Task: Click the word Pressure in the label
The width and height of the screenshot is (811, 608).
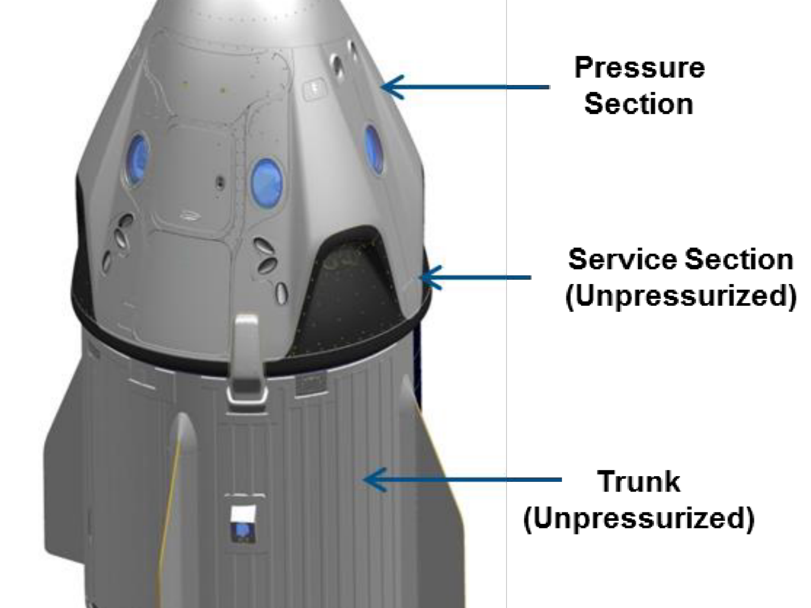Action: point(639,68)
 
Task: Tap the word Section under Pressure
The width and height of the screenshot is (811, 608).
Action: point(639,104)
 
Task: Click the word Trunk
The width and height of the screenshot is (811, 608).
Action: point(638,481)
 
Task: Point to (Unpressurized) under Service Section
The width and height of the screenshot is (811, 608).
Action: point(681,295)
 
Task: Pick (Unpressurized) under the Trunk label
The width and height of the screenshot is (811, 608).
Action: point(639,518)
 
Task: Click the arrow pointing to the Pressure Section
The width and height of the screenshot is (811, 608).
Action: point(465,87)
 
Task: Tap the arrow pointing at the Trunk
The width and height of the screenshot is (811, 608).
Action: point(462,479)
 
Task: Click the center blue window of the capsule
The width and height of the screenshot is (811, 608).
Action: point(266,182)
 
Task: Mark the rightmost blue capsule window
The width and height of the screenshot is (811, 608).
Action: point(373,149)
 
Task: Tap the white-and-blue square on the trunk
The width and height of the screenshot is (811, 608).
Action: point(243,523)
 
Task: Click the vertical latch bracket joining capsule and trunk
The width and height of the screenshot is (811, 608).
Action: point(247,358)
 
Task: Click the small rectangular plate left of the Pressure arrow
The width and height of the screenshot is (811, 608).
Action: point(315,88)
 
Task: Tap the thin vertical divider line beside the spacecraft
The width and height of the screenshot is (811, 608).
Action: point(506,304)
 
